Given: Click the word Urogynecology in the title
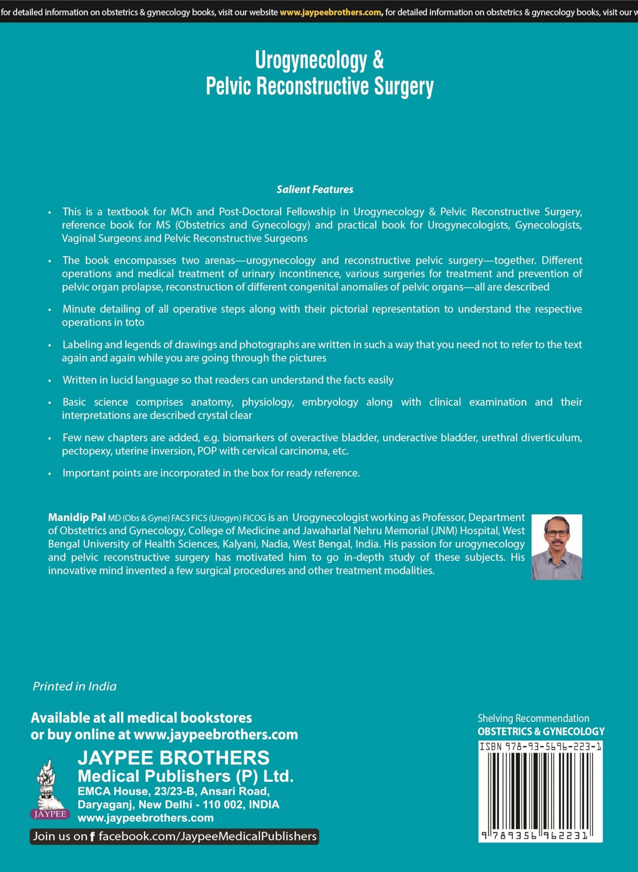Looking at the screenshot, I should click(311, 61).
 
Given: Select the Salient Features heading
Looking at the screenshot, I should click(315, 189).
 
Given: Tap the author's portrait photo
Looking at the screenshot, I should click(556, 547).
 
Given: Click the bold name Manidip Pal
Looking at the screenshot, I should click(77, 517).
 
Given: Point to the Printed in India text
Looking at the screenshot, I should click(74, 686).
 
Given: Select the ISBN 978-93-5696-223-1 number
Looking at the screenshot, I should click(540, 746).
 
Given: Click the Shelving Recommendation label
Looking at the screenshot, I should click(533, 718).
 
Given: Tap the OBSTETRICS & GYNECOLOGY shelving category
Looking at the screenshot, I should click(541, 732).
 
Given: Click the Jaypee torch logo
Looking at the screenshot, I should click(50, 789).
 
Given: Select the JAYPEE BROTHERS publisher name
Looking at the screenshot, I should click(174, 758).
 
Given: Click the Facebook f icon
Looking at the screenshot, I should click(92, 836).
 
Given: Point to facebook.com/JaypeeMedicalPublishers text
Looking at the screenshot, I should click(208, 836).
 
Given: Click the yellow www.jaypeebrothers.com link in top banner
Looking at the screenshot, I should click(330, 12).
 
